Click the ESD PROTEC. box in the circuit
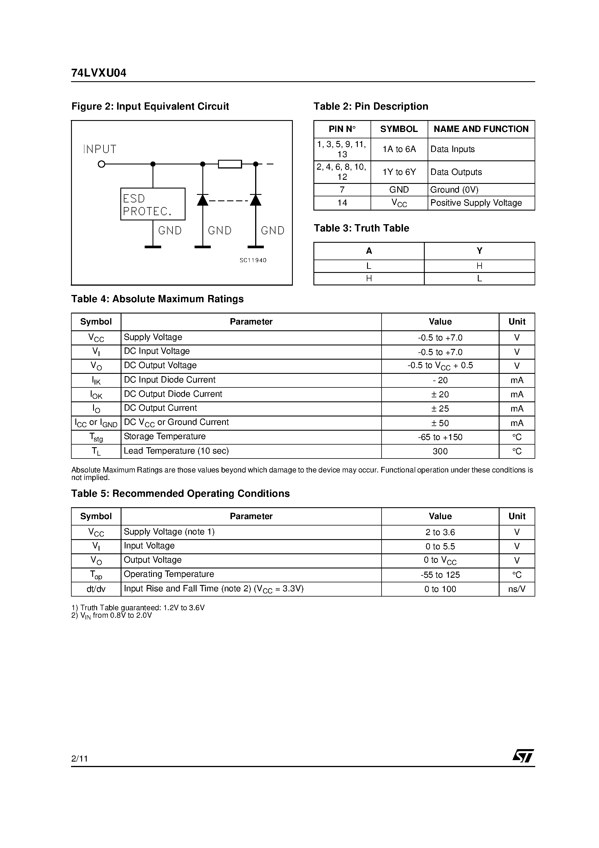tap(153, 204)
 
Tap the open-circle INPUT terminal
tap(101, 164)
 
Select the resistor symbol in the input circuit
tap(230, 164)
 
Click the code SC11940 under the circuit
tap(253, 260)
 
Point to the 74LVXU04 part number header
tap(99, 73)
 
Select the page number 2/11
tap(79, 759)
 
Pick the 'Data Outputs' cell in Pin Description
tap(456, 172)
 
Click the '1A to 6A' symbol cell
tap(399, 149)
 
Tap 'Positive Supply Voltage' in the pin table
tap(476, 203)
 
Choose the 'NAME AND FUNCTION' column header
tap(481, 129)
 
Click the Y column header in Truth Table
tap(479, 251)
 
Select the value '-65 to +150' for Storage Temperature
tap(440, 437)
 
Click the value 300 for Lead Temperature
tap(440, 451)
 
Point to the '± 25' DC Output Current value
tap(440, 409)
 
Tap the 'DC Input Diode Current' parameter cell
tap(170, 380)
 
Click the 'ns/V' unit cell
tap(517, 589)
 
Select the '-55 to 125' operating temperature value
tap(440, 575)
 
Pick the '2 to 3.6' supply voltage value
tap(440, 532)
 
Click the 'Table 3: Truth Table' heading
tap(361, 228)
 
